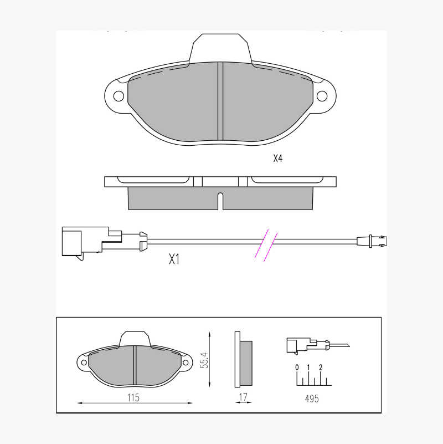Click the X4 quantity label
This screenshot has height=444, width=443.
click(278, 159)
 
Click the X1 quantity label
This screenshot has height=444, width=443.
click(174, 259)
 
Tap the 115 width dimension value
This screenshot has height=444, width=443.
click(133, 397)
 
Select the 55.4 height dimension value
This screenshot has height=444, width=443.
click(204, 360)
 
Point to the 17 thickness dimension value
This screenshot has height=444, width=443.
click(243, 397)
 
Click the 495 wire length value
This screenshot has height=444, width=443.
click(312, 399)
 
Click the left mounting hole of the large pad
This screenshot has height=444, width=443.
click(119, 96)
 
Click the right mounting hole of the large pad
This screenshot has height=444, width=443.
click(322, 96)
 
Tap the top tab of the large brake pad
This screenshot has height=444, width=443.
click(220, 48)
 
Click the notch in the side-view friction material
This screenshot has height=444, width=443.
click(220, 201)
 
